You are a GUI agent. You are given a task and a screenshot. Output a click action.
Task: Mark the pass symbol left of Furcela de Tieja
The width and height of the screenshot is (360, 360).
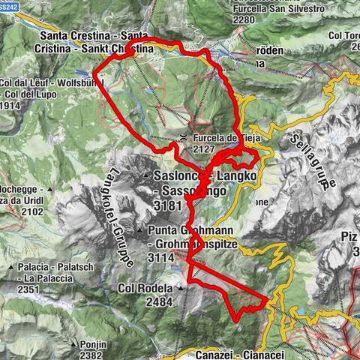tap(184, 137)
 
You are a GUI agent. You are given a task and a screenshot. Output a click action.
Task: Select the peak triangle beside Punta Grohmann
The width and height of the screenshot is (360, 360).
tap(141, 229)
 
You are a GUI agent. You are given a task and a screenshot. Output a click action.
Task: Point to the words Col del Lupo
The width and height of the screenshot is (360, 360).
tap(34, 96)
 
